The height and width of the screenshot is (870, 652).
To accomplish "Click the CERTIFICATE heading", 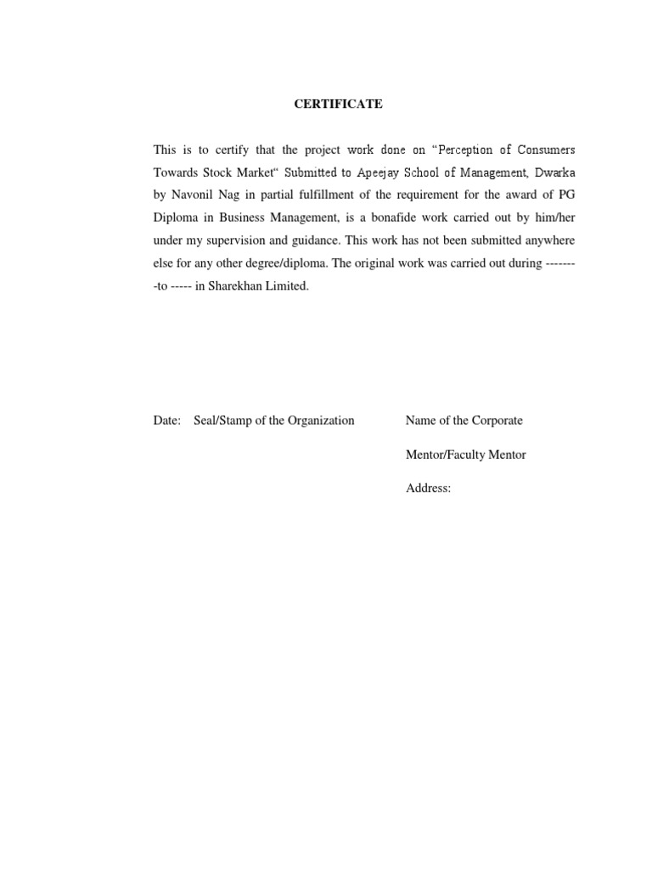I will coord(338,105).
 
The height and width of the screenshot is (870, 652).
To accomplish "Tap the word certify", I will coord(227,150).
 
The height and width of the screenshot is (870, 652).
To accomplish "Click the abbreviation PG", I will coord(566,195).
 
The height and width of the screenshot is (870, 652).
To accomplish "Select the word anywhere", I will coord(543,241).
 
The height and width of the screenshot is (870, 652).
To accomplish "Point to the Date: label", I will coord(166,421).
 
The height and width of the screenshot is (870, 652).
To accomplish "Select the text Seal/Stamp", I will coord(223,421).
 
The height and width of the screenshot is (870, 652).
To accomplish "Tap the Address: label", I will coord(429,489).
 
